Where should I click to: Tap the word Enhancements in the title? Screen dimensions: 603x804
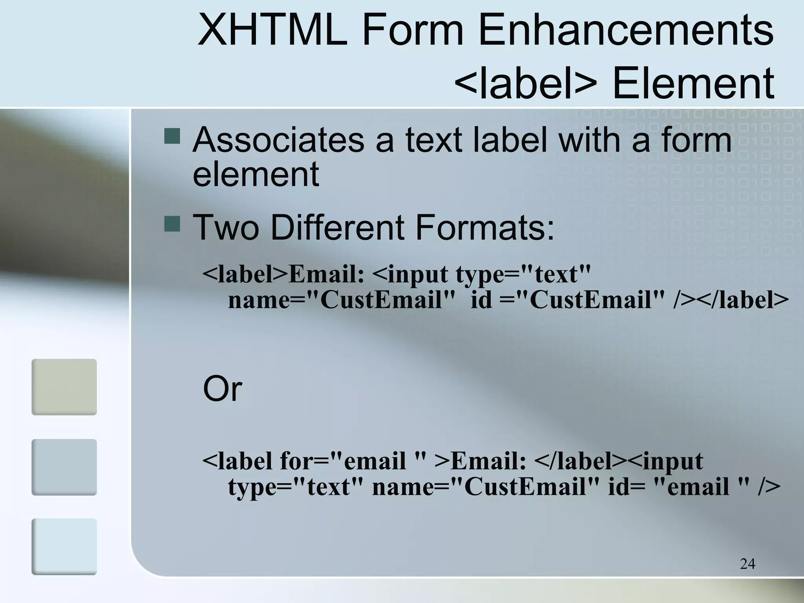tap(626, 30)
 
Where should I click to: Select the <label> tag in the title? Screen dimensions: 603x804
tap(526, 83)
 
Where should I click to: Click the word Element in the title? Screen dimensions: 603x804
tap(693, 83)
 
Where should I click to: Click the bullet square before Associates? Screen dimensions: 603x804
tap(172, 135)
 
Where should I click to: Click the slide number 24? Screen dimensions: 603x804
tap(747, 564)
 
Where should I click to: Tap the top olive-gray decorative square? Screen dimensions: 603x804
tap(64, 387)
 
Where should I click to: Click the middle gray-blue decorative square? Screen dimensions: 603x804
tap(64, 467)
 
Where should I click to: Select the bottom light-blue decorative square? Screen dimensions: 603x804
tap(64, 546)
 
